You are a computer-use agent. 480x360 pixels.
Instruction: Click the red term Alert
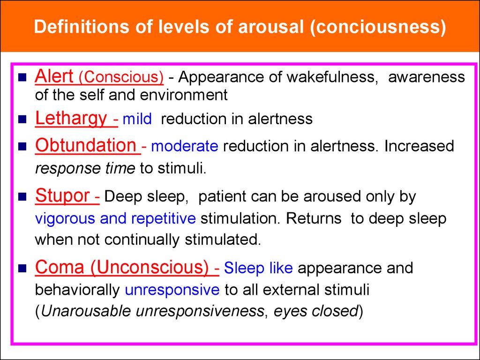(x=54, y=76)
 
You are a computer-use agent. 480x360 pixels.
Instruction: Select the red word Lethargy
(x=71, y=119)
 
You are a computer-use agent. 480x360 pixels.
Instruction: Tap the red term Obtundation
(x=86, y=145)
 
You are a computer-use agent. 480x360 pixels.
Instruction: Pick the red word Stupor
(x=62, y=196)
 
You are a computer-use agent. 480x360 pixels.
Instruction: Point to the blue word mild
(x=137, y=119)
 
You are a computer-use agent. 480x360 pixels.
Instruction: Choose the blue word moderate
(x=185, y=146)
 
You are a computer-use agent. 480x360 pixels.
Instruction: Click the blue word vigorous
(x=65, y=219)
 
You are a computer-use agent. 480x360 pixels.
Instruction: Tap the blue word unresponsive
(x=172, y=290)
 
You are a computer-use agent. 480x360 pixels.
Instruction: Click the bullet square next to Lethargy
(x=22, y=119)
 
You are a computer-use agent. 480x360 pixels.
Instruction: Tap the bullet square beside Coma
(x=22, y=268)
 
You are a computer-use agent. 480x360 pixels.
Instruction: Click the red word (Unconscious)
(x=150, y=267)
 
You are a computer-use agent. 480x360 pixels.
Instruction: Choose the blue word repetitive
(x=164, y=219)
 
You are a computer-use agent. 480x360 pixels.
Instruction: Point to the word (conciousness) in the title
(x=378, y=27)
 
